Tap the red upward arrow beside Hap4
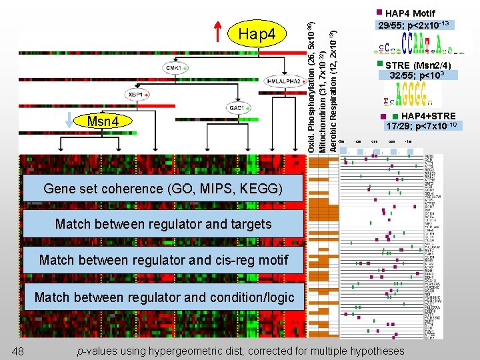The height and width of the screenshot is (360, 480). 219,33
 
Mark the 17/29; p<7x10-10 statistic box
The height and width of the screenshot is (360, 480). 421,126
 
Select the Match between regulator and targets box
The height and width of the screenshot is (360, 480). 163,224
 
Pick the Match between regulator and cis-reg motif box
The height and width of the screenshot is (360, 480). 163,260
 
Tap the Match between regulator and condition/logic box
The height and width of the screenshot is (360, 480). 163,297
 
